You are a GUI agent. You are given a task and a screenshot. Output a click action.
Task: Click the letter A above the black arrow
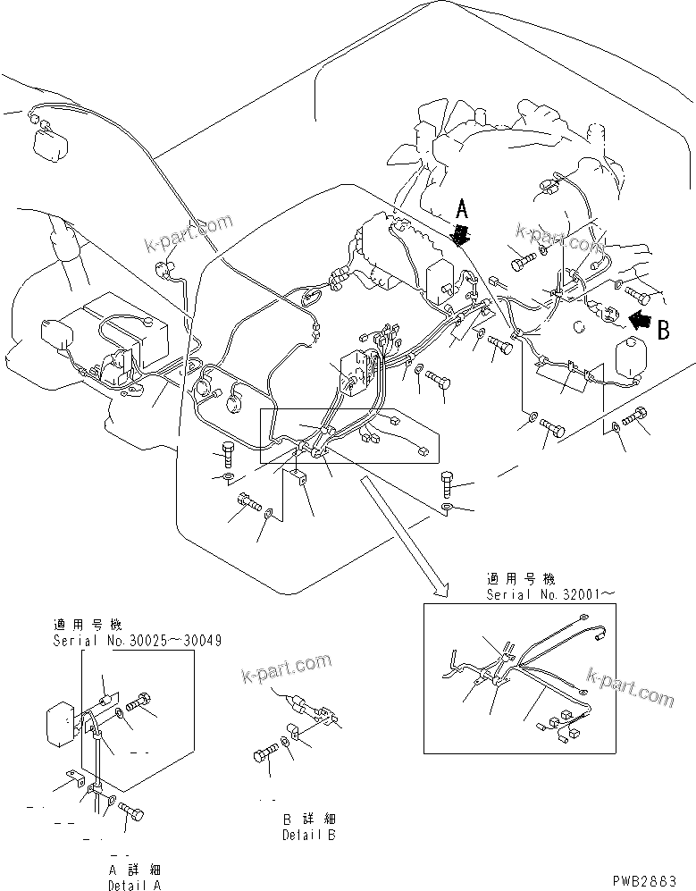tap(461, 210)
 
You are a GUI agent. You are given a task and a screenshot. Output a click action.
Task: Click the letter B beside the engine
tap(663, 331)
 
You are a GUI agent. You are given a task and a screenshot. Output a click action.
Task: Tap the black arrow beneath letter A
tap(462, 235)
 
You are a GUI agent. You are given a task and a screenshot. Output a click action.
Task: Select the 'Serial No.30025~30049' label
tap(138, 641)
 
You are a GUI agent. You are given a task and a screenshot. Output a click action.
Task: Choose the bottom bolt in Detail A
tap(130, 811)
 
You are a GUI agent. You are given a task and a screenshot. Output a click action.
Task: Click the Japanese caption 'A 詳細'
tap(135, 870)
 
